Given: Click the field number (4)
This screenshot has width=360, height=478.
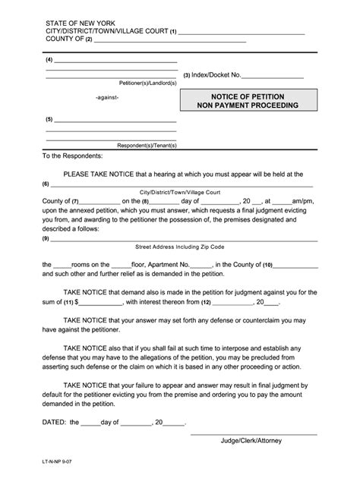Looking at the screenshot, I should click(49, 59).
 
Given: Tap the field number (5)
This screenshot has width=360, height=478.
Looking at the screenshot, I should click(49, 120).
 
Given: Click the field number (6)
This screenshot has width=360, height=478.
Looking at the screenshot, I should click(46, 184).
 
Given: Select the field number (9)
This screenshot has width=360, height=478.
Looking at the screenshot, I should click(46, 238).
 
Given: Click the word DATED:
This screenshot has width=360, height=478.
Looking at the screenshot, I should click(55, 423).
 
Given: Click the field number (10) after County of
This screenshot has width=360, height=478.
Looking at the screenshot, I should click(267, 265).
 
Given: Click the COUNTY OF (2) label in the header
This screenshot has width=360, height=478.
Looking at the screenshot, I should click(69, 39).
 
